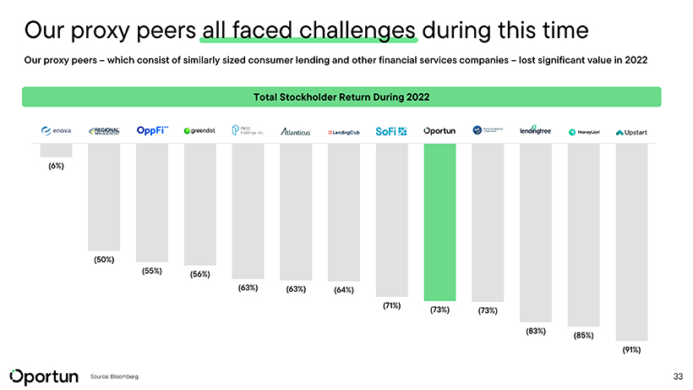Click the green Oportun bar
click(439, 222)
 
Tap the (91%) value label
click(631, 349)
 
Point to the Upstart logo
click(631, 132)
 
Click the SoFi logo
click(391, 131)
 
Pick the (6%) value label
click(56, 166)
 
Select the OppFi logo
click(152, 130)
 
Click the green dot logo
click(200, 131)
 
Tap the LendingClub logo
click(343, 132)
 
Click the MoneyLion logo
click(583, 132)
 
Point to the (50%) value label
click(104, 259)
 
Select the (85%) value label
click(583, 335)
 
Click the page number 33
click(677, 375)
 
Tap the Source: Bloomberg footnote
click(113, 376)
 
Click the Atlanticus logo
click(296, 132)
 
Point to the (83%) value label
click(535, 331)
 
